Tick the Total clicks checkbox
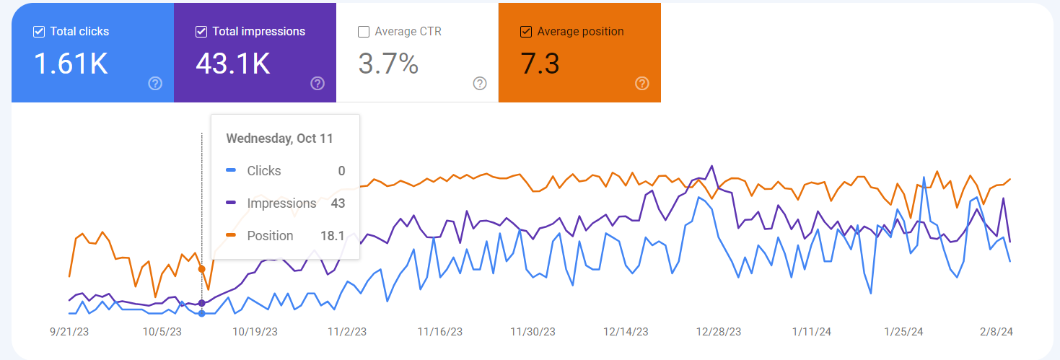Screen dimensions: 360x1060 click(39, 32)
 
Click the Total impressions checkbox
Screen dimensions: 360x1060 click(201, 32)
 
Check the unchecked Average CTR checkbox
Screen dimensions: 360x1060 click(364, 32)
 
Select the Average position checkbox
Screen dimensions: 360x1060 click(526, 32)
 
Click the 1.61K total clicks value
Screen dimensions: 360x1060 click(71, 64)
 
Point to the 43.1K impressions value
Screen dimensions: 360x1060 click(232, 64)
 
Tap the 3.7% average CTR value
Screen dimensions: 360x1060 click(388, 64)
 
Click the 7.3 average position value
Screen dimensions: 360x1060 click(540, 64)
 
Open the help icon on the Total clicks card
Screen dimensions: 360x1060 click(155, 84)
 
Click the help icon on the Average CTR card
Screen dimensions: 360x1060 click(480, 84)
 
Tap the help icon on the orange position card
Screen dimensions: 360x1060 click(642, 84)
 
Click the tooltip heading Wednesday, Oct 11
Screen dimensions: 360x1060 click(280, 139)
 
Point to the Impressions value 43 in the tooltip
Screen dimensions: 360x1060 click(338, 203)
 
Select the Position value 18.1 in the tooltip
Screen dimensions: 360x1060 click(333, 236)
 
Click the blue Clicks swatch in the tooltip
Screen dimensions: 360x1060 click(231, 171)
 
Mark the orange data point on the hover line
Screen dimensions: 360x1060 click(201, 269)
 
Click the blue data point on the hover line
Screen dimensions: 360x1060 click(201, 313)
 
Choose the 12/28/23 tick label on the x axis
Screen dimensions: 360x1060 click(718, 332)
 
